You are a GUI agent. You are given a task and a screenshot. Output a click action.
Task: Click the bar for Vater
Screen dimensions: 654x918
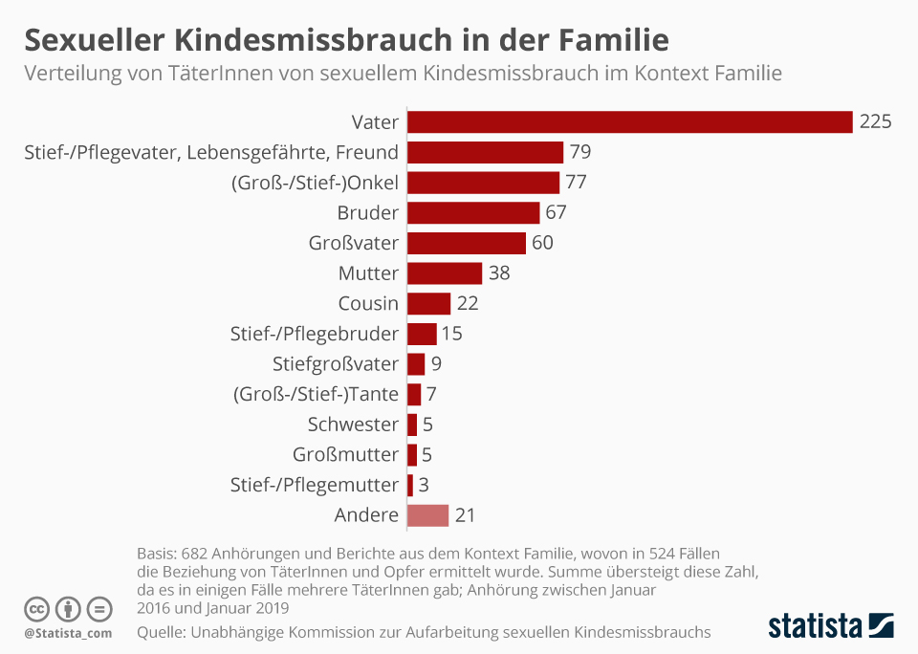pyautogui.click(x=629, y=122)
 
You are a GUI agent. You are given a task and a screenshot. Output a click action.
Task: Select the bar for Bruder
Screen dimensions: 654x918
pyautogui.click(x=473, y=212)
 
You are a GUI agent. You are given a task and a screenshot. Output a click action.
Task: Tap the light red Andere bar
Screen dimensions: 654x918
pyautogui.click(x=427, y=515)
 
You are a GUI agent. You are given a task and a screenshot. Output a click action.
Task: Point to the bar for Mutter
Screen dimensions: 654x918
pyautogui.click(x=445, y=273)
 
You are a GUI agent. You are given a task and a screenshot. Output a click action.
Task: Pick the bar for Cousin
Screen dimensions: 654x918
pyautogui.click(x=428, y=304)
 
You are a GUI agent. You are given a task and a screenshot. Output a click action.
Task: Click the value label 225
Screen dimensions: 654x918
pyautogui.click(x=875, y=122)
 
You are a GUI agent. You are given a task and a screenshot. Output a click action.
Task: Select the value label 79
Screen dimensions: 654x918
pyautogui.click(x=580, y=152)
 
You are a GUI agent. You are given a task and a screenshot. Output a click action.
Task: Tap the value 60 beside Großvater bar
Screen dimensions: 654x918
pyautogui.click(x=542, y=243)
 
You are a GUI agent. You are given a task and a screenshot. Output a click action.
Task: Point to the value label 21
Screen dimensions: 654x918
pyautogui.click(x=465, y=515)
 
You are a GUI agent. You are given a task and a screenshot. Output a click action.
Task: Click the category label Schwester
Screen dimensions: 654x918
pyautogui.click(x=353, y=425)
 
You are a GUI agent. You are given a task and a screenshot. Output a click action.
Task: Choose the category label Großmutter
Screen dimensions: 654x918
pyautogui.click(x=345, y=455)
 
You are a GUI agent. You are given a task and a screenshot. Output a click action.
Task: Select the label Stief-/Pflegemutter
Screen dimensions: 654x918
pyautogui.click(x=315, y=485)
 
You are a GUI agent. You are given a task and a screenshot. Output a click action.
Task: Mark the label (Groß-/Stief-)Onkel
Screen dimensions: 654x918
pyautogui.click(x=315, y=183)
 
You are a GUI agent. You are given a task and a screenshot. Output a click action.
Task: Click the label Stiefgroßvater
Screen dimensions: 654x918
pyautogui.click(x=335, y=364)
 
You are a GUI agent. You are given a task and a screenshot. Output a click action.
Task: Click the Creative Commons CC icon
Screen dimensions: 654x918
pyautogui.click(x=37, y=608)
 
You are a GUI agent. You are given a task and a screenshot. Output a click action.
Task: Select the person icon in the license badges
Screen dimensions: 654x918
pyautogui.click(x=68, y=608)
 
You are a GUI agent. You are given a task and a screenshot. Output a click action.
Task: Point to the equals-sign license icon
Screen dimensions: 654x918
pyautogui.click(x=98, y=608)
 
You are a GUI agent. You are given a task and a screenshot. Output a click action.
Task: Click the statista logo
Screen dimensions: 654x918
pyautogui.click(x=831, y=626)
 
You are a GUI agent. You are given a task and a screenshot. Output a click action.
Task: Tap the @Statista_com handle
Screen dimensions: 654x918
pyautogui.click(x=68, y=633)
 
